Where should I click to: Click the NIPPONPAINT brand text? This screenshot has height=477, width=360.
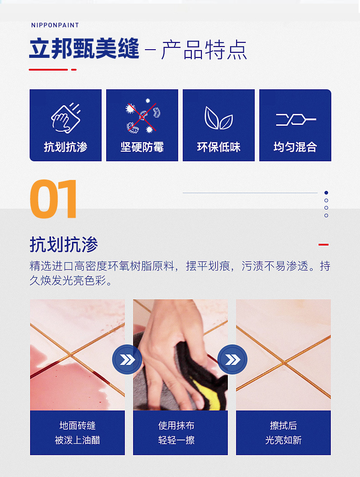[x=55, y=25]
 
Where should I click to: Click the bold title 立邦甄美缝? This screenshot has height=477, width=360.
[x=84, y=49]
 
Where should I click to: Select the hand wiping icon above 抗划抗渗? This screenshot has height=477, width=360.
[x=65, y=118]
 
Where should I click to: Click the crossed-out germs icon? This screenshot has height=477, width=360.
[x=142, y=117]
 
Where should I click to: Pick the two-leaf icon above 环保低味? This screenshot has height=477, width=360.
[x=218, y=118]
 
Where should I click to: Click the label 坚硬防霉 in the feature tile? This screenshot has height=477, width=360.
[x=142, y=147]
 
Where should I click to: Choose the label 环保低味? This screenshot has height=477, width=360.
[x=219, y=147]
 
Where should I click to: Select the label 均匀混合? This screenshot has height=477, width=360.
[x=295, y=147]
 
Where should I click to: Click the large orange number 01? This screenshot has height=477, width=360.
[x=54, y=200]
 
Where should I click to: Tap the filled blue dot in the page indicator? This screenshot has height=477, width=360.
[x=326, y=193]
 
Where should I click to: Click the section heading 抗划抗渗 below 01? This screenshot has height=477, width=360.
[x=64, y=245]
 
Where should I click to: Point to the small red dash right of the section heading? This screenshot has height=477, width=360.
[x=323, y=245]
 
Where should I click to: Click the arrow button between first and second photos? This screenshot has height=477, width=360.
[x=127, y=360]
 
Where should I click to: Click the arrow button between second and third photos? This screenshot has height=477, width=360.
[x=232, y=360]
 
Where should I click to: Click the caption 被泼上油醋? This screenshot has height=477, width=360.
[x=77, y=440]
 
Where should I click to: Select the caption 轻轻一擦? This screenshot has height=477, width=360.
[x=176, y=440]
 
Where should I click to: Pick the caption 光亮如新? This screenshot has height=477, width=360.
[x=283, y=440]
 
